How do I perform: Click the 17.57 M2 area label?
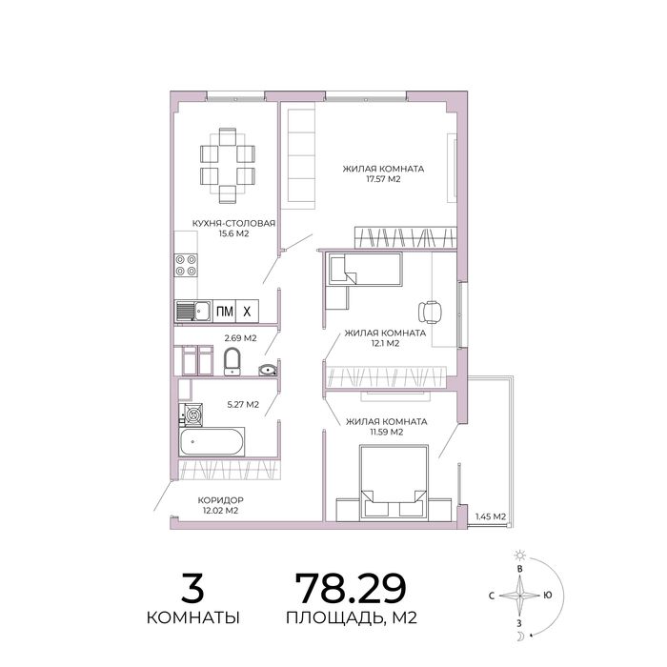[383, 179]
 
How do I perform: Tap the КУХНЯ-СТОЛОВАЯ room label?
[234, 223]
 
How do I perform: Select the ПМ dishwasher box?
[224, 312]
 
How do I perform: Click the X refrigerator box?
[247, 312]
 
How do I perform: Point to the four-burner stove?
[186, 265]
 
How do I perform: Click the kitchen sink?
[193, 311]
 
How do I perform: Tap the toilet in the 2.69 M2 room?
[232, 361]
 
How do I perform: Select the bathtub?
[212, 442]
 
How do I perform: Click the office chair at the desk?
[430, 312]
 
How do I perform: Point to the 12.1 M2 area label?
[385, 343]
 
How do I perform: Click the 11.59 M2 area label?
[386, 433]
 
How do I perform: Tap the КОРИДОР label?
[220, 500]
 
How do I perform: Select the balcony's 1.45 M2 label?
[491, 516]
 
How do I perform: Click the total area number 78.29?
[351, 589]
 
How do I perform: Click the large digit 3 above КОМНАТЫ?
[192, 589]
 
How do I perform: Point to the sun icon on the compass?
[519, 556]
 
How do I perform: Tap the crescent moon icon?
[520, 637]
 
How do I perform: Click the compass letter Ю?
[548, 596]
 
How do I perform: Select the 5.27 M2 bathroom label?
[243, 405]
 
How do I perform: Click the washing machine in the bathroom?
[193, 414]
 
